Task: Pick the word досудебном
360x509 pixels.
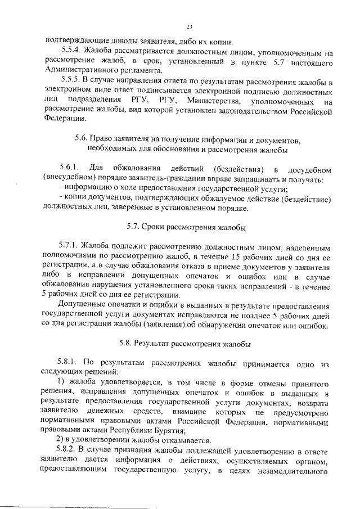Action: [x=308, y=169]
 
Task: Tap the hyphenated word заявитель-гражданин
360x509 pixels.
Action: [x=173, y=179]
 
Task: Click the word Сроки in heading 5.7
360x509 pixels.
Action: [x=154, y=227]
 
